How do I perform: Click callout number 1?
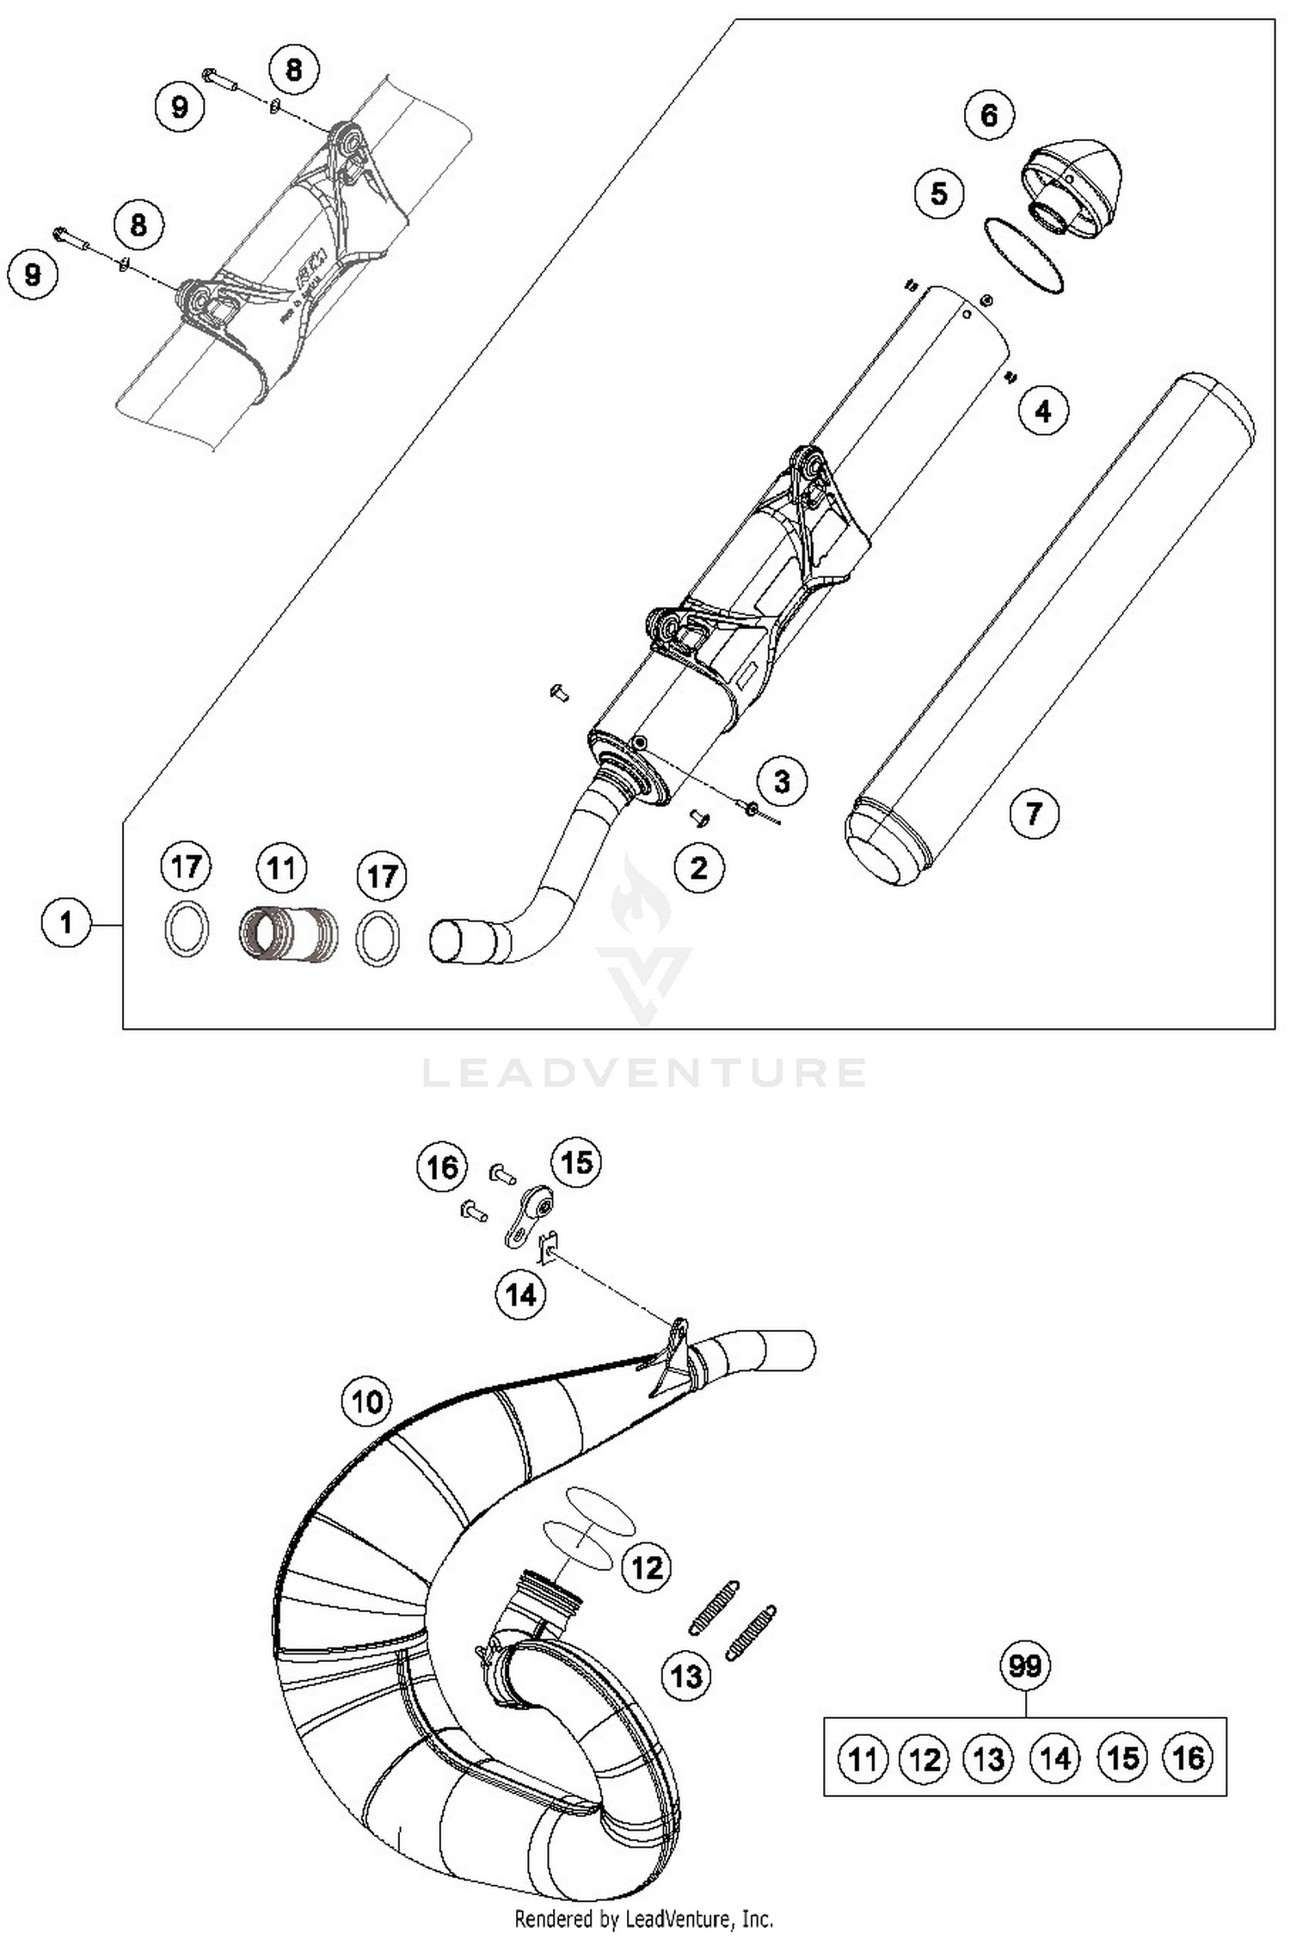click(66, 923)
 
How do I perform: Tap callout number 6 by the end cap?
click(988, 114)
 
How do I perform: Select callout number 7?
click(1033, 813)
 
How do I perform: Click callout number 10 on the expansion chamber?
click(366, 1401)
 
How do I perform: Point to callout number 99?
click(1024, 1666)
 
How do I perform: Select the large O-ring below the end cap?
click(1023, 255)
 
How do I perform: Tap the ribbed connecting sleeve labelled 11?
click(287, 933)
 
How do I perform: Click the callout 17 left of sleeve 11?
click(187, 866)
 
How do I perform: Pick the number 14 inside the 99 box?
click(1055, 1758)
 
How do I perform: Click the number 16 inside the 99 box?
click(1188, 1757)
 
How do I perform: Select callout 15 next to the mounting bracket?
click(575, 1162)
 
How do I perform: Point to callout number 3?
click(781, 782)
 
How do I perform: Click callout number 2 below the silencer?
click(698, 868)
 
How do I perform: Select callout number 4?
click(1042, 411)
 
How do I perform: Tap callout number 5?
click(938, 193)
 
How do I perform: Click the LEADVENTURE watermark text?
click(644, 1073)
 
